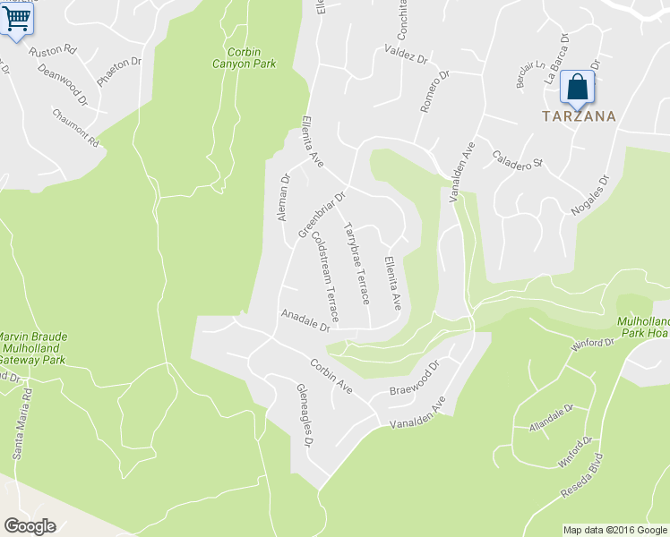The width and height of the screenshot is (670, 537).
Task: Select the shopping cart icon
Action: pos(17,18)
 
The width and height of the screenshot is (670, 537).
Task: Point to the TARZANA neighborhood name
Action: pos(578,115)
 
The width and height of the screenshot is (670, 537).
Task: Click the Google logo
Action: pos(30,526)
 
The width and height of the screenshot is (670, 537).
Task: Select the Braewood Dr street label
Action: pos(417,379)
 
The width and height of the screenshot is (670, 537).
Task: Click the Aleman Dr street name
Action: pos(284,198)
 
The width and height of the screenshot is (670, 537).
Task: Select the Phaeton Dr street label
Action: pos(119,72)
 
